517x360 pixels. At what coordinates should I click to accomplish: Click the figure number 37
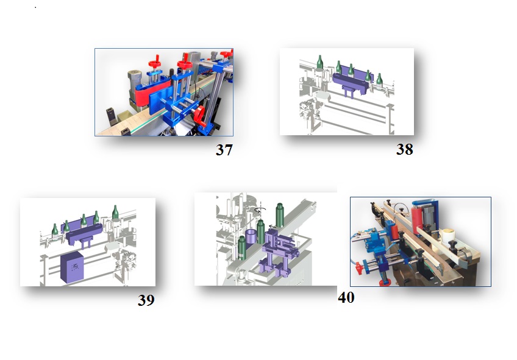tap(224, 150)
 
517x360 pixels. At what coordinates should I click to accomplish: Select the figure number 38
tap(405, 149)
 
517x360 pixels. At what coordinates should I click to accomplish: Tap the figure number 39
tap(146, 300)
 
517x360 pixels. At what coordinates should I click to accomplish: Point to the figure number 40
tap(346, 297)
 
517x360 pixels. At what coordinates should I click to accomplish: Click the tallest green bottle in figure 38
tap(319, 62)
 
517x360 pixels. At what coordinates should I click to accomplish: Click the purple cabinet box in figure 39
tap(72, 267)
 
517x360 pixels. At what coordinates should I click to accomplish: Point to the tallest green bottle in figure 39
tap(115, 212)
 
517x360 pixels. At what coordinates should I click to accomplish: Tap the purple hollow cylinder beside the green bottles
tap(251, 237)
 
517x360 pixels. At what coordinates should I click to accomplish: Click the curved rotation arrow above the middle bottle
tap(258, 210)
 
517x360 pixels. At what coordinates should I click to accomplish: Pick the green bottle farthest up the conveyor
tap(280, 215)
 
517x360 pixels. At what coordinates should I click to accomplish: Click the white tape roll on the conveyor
tap(449, 236)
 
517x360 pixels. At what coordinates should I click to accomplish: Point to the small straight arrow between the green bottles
tap(272, 226)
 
